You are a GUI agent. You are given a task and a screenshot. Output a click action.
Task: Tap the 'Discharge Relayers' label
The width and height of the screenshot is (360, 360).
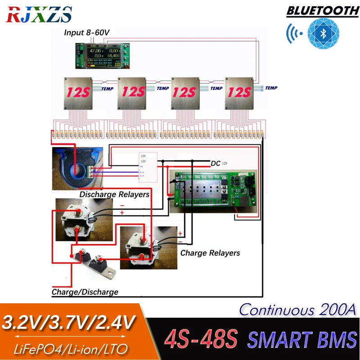tap(114, 194)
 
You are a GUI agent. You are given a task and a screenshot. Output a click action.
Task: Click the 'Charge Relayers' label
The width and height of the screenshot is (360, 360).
tap(210, 253)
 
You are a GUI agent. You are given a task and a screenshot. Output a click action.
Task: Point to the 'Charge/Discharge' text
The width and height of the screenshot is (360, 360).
tap(85, 292)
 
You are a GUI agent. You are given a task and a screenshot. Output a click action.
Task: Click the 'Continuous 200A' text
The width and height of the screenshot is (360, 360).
tap(297, 310)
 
